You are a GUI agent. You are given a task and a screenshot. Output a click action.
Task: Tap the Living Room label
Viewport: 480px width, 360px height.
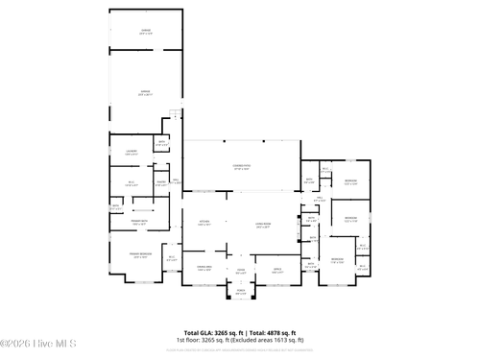[262, 226]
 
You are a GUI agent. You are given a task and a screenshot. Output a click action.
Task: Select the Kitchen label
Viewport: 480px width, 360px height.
[204, 224]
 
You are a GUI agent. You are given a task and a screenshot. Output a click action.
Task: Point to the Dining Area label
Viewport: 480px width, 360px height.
[204, 269]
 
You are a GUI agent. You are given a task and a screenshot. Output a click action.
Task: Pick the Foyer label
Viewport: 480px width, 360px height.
[241, 272]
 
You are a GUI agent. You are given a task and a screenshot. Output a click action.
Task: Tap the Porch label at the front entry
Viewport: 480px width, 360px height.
[240, 292]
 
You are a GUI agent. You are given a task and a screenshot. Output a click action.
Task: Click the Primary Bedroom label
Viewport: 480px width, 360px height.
[140, 256]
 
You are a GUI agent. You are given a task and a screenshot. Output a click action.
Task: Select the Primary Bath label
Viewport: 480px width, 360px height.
[140, 223]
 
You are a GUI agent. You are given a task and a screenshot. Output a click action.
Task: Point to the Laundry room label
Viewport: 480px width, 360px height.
[132, 152]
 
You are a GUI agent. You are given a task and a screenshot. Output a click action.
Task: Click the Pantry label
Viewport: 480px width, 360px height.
[161, 182]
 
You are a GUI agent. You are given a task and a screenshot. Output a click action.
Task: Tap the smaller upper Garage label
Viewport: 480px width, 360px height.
[146, 31]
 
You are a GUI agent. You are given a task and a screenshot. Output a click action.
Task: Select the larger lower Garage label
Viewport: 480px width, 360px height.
[145, 93]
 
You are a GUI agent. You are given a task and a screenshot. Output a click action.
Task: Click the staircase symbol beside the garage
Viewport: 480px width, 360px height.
[174, 113]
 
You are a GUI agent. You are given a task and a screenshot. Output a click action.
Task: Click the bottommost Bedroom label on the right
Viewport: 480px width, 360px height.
[337, 260]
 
